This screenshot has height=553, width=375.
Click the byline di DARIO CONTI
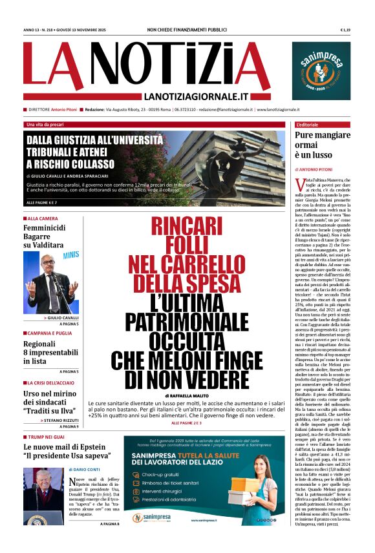(81, 470)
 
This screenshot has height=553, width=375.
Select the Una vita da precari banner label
(45, 124)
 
